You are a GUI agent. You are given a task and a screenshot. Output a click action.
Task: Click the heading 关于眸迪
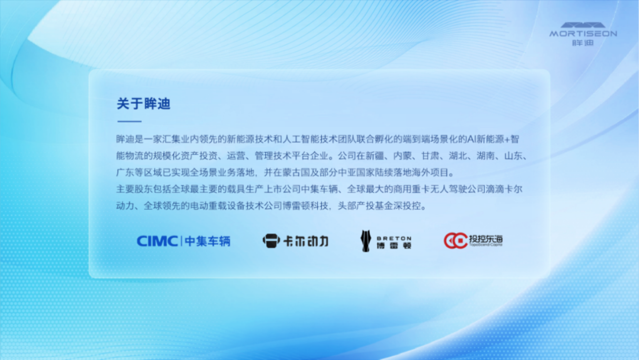coord(144,103)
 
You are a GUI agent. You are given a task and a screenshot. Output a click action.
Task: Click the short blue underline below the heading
coord(129,121)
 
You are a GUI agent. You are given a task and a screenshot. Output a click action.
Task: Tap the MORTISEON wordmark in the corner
coord(583,34)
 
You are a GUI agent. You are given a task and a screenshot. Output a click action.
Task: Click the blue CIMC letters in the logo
coord(158,241)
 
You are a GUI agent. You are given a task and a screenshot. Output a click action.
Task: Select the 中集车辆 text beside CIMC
coord(208,241)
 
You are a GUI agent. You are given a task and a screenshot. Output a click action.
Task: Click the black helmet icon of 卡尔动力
coord(271,241)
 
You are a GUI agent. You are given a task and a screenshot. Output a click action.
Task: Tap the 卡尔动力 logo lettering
coord(306,241)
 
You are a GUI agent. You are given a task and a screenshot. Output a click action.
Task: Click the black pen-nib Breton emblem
coord(366,241)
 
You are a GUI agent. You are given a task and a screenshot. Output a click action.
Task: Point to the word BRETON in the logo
coord(394,238)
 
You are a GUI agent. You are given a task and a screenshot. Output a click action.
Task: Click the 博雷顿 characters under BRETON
coord(394,246)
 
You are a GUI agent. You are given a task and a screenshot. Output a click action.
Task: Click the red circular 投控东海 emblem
coord(456,241)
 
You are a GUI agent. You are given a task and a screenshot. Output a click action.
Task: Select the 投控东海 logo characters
coord(486,239)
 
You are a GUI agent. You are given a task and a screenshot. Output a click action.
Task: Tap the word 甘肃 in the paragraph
coord(430,156)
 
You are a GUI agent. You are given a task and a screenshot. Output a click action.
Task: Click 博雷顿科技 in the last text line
coord(305,205)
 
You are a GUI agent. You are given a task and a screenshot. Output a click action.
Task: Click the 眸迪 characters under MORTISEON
coord(583,43)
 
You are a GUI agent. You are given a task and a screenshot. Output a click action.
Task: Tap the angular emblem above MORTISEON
coord(583,25)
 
